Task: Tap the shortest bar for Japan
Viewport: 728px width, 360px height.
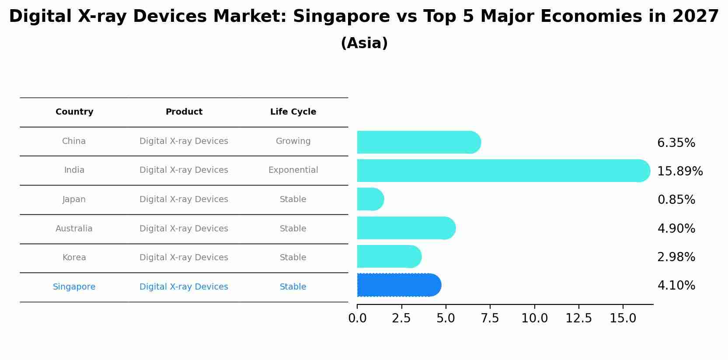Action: pyautogui.click(x=370, y=199)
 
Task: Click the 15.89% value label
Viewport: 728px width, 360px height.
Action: pyautogui.click(x=680, y=171)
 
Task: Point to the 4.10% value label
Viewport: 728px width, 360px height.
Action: pyautogui.click(x=676, y=286)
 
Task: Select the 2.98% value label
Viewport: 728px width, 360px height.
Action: pyautogui.click(x=676, y=257)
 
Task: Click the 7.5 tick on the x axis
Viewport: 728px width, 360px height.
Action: pyautogui.click(x=490, y=318)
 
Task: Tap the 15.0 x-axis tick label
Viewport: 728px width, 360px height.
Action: pyautogui.click(x=623, y=318)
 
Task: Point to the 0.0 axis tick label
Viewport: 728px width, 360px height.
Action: pyautogui.click(x=357, y=318)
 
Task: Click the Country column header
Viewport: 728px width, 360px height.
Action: pyautogui.click(x=74, y=112)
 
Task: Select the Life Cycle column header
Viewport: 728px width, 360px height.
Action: pyautogui.click(x=293, y=112)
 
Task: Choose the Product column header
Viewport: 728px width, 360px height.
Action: pyautogui.click(x=184, y=112)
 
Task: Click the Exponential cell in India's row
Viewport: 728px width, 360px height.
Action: pyautogui.click(x=293, y=170)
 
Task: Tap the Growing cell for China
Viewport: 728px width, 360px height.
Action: pyautogui.click(x=293, y=141)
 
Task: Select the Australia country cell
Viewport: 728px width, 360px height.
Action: pyautogui.click(x=74, y=229)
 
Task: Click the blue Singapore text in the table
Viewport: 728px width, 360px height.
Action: pyautogui.click(x=74, y=287)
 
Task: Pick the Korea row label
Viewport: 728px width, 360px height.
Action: pyautogui.click(x=74, y=258)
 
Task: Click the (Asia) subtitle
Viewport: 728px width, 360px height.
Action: pyautogui.click(x=364, y=43)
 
